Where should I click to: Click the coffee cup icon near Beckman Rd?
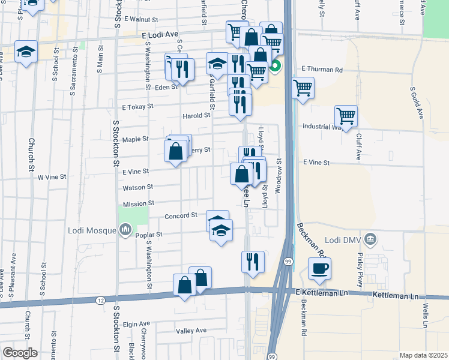[x=319, y=268]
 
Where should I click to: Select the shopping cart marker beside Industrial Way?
[x=346, y=115]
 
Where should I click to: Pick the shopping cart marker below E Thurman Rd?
[x=303, y=88]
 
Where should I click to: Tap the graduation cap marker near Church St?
[x=26, y=52]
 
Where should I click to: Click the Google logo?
[x=20, y=352]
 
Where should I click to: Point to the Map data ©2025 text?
[x=423, y=355]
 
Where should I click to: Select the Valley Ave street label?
[x=191, y=331]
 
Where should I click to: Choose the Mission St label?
[x=139, y=203]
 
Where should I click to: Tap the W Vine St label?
[x=51, y=177]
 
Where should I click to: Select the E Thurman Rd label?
[x=322, y=70]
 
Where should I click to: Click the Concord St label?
[x=181, y=215]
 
